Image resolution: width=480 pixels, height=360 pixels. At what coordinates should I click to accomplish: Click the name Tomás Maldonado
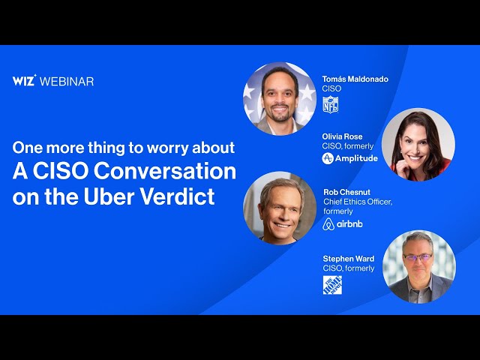pyautogui.click(x=355, y=79)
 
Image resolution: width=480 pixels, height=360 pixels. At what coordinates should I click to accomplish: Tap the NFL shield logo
pyautogui.click(x=330, y=104)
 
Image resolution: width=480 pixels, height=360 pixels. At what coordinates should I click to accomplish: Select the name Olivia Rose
pyautogui.click(x=343, y=136)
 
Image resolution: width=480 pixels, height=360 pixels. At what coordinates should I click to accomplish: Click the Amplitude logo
pyautogui.click(x=350, y=159)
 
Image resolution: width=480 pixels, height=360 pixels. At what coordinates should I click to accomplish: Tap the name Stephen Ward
pyautogui.click(x=349, y=259)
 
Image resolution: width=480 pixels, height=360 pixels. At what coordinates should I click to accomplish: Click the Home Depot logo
pyautogui.click(x=332, y=285)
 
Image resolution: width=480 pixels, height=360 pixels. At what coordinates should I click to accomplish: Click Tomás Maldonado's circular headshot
pyautogui.click(x=279, y=98)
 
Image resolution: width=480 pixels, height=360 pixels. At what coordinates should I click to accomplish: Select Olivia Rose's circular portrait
pyautogui.click(x=418, y=145)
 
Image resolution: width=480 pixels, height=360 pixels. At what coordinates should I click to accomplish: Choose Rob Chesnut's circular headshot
pyautogui.click(x=280, y=208)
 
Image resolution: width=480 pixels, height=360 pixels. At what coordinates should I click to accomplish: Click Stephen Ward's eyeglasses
pyautogui.click(x=417, y=256)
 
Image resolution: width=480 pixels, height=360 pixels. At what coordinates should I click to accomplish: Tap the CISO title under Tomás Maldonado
pyautogui.click(x=331, y=88)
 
